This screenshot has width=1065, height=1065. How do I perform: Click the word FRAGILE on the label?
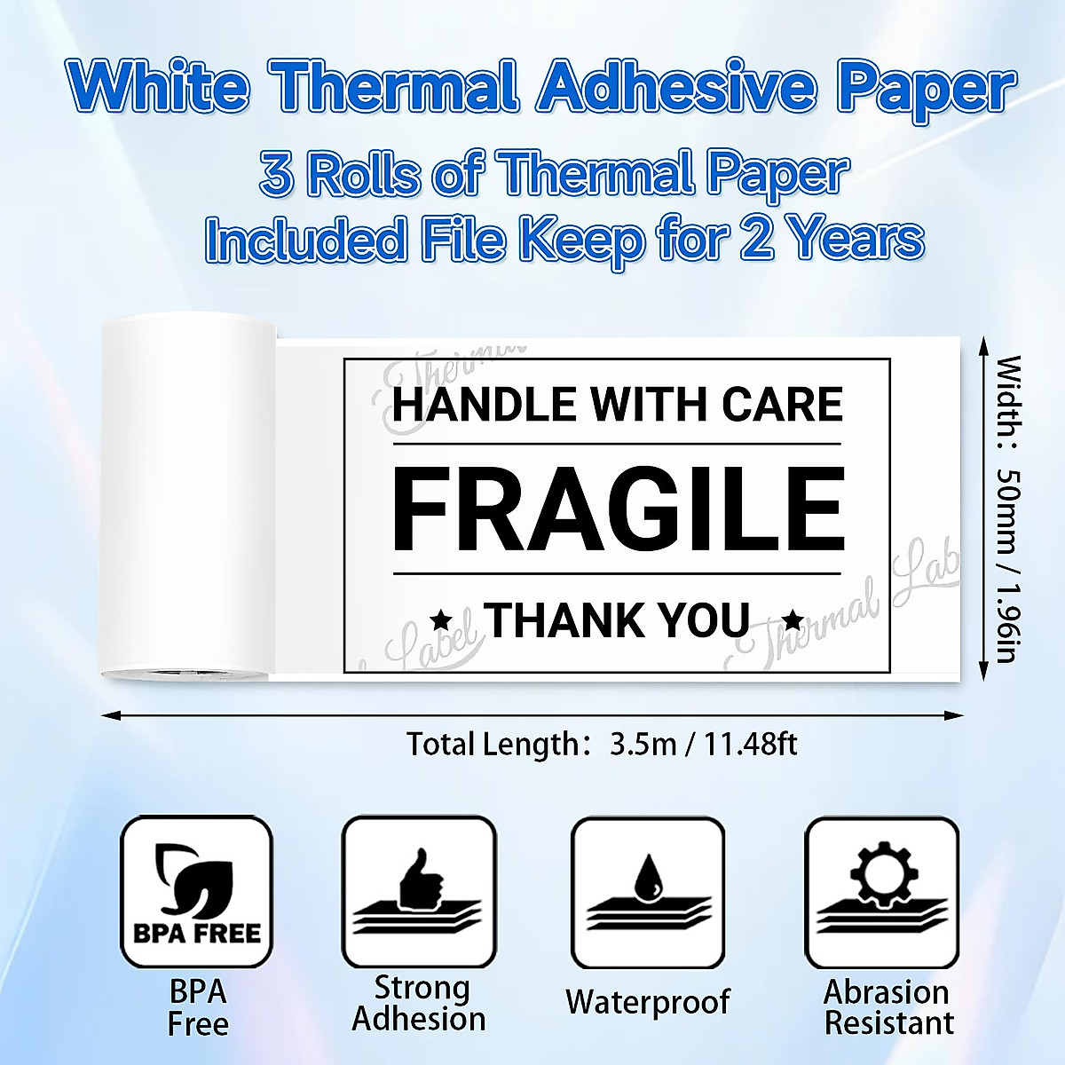618,510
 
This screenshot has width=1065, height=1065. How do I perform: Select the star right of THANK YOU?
793,619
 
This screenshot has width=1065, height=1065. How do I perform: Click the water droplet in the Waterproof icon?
650,874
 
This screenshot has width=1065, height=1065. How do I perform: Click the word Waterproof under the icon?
648,1002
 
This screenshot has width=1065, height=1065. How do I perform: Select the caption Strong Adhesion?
419,1003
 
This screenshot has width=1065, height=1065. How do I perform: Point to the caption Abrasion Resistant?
888,1006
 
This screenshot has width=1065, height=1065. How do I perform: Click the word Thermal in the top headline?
393,87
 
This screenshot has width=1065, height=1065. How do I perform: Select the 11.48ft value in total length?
751,744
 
